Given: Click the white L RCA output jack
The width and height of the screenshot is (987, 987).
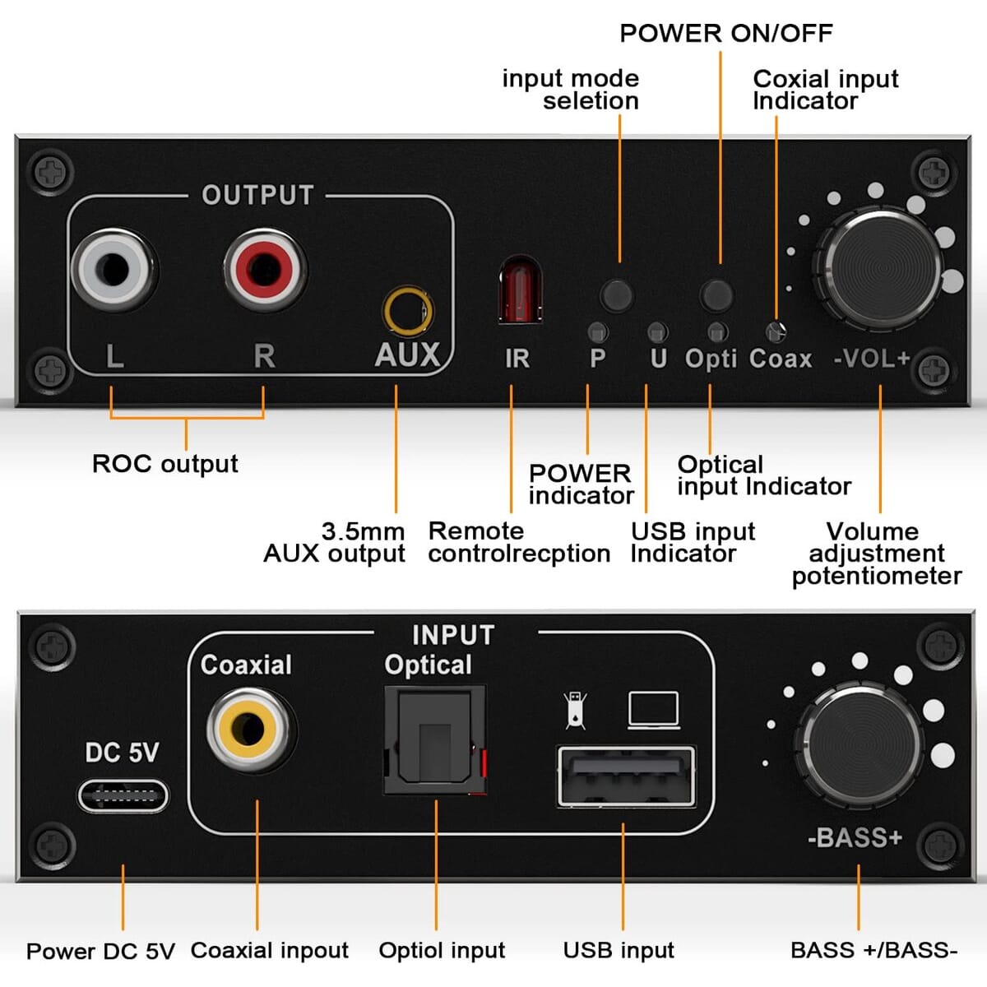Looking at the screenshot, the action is click(114, 269).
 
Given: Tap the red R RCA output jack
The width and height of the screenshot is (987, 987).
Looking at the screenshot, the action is click(265, 269).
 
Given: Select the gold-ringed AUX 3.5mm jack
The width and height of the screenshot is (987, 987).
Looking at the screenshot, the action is click(408, 312).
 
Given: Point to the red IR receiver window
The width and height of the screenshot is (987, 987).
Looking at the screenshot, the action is click(521, 290).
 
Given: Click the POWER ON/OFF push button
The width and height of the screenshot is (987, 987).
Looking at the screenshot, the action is click(716, 295).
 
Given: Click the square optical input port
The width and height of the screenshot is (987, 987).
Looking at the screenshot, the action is click(435, 739).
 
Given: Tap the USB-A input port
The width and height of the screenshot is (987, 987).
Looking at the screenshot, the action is click(626, 776).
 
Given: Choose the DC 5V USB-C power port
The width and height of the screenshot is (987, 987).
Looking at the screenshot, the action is click(123, 796).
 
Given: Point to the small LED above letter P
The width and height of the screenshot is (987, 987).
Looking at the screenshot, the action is click(598, 333).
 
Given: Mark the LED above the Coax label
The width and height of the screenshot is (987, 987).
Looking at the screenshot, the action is click(776, 332).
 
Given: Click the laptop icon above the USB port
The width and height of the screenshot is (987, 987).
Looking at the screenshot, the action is click(654, 711).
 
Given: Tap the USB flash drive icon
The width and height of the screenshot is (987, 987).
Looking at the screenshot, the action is click(575, 711).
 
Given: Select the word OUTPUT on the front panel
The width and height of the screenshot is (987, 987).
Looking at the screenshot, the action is click(257, 195).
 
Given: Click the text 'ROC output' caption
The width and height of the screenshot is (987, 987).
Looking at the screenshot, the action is click(165, 464).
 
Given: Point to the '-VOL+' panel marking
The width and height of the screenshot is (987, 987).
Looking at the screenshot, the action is click(872, 358).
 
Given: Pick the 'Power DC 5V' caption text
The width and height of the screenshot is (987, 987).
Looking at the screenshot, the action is click(100, 951).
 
